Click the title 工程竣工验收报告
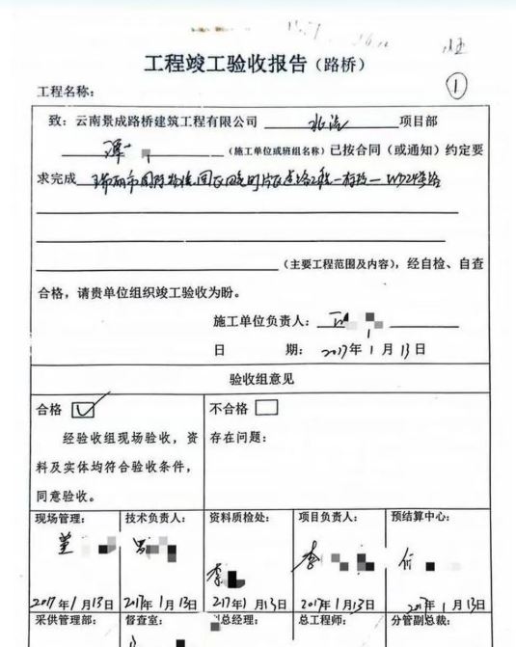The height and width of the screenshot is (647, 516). point(225,65)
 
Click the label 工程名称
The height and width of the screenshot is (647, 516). point(66,92)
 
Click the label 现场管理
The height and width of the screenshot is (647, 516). point(61,519)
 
